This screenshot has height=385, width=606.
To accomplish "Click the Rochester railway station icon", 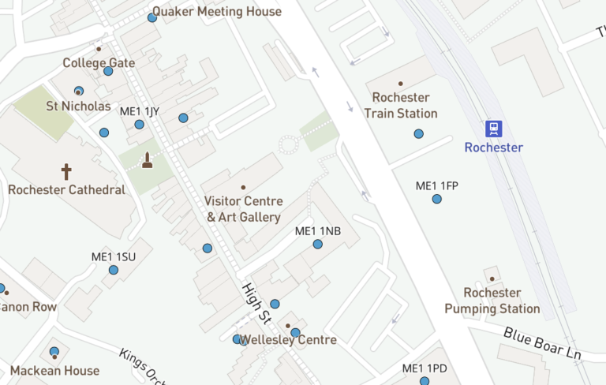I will tap(494, 129).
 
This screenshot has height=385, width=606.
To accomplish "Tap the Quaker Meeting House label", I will tap(216, 12).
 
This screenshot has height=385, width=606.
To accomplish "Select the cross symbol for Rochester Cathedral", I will tap(66, 171).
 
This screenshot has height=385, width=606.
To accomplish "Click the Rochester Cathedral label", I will tap(66, 190).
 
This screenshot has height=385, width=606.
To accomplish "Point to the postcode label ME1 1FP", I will tap(436, 186).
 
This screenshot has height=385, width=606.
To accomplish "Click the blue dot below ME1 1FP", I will tap(436, 199).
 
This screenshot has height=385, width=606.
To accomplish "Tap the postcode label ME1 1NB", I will tap(317, 231).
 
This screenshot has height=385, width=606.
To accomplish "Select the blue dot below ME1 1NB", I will tap(317, 245).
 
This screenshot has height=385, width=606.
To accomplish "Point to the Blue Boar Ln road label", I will tap(542, 343).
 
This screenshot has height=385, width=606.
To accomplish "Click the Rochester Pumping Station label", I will tap(492, 301).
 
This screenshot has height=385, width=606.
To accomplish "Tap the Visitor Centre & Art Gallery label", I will tap(243, 209).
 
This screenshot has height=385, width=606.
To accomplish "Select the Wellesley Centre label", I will tap(289, 340).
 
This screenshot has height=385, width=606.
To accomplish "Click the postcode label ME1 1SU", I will tap(114, 257).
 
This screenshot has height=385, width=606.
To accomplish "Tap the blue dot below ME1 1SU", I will tap(114, 270).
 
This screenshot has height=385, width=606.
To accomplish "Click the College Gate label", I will tap(99, 62).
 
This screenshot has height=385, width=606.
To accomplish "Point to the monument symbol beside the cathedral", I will tap(147, 161).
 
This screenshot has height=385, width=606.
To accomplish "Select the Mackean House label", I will tap(54, 370).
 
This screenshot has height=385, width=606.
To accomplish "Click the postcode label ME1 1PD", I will tap(425, 368).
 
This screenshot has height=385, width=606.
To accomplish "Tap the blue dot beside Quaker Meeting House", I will tap(152, 17).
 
